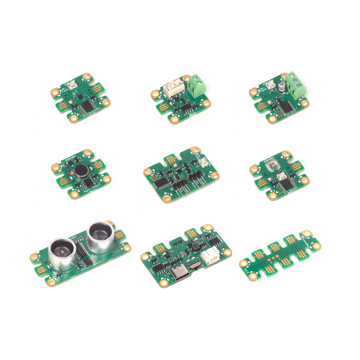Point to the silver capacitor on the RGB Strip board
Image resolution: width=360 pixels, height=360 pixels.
click(x=280, y=86)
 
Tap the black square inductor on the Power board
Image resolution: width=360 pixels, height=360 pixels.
click(x=197, y=247)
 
